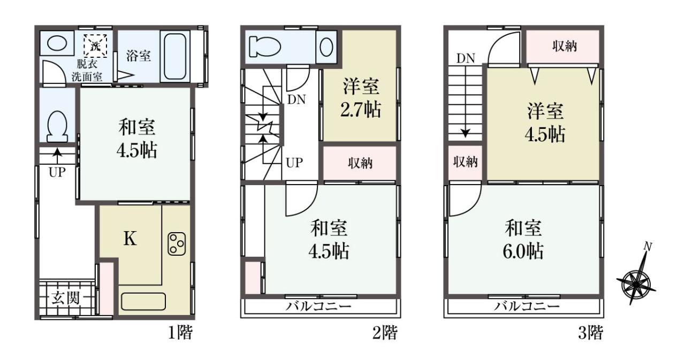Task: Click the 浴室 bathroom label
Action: pyautogui.click(x=138, y=56)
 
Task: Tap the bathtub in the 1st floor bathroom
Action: pyautogui.click(x=174, y=57)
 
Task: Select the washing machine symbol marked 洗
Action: pyautogui.click(x=96, y=46)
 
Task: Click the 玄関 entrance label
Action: pyautogui.click(x=65, y=298)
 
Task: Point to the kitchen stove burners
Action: pyautogui.click(x=177, y=244)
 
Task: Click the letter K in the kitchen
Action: pyautogui.click(x=130, y=239)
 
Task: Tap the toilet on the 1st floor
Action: pyautogui.click(x=57, y=126)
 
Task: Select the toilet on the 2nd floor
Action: pyautogui.click(x=265, y=47)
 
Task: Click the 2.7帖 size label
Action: pyautogui.click(x=361, y=110)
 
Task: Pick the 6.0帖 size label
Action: pyautogui.click(x=523, y=251)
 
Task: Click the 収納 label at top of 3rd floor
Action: pyautogui.click(x=565, y=46)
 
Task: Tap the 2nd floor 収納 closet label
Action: pyautogui.click(x=360, y=163)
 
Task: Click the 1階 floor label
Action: pyautogui.click(x=180, y=333)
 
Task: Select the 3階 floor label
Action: pyautogui.click(x=590, y=333)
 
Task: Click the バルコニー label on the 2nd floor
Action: pyautogui.click(x=318, y=306)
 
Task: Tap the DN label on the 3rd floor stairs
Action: pyautogui.click(x=466, y=58)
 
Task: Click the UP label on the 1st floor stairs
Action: pyautogui.click(x=57, y=173)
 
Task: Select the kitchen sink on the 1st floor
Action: pyautogui.click(x=143, y=301)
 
